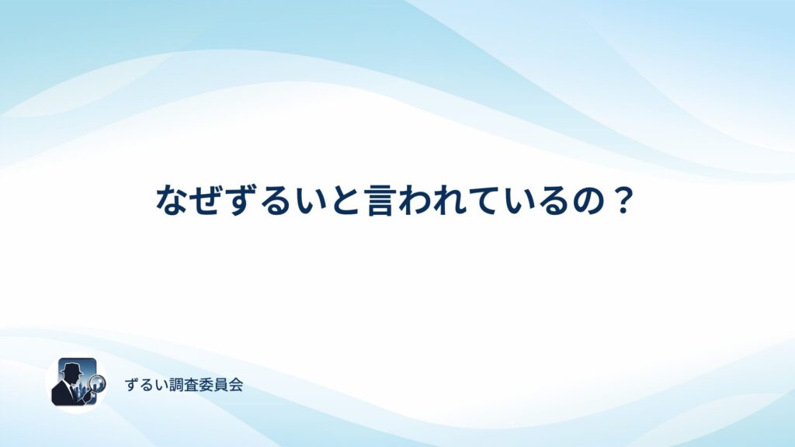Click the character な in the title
coord(173,200)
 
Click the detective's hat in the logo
coord(72,369)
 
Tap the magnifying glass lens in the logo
coord(97,383)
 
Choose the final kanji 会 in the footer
coord(236,385)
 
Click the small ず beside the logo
coord(131,385)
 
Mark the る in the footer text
coord(146,385)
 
